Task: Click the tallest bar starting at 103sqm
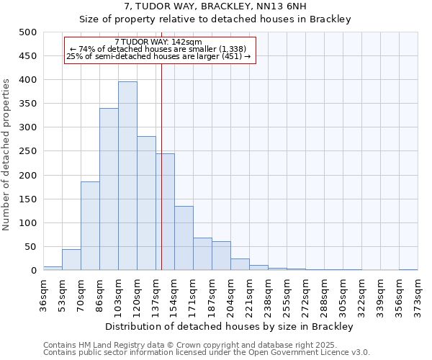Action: (x=127, y=176)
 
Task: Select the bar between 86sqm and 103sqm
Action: (x=109, y=189)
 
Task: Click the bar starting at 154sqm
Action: (x=184, y=238)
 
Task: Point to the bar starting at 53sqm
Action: (x=71, y=260)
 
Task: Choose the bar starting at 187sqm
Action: (x=221, y=256)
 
